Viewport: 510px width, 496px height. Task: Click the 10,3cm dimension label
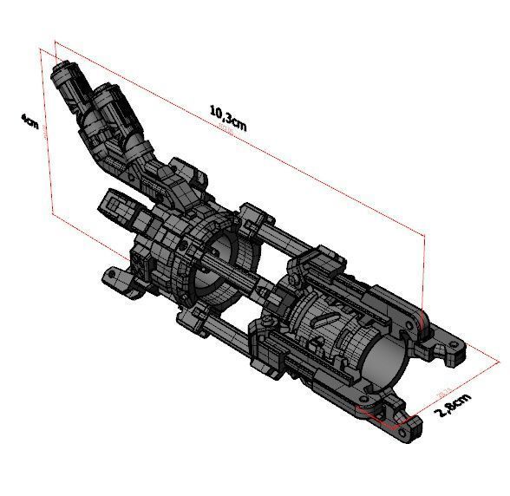click(x=228, y=117)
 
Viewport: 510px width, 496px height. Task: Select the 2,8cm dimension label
click(x=453, y=406)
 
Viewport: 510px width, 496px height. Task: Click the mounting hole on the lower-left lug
click(x=110, y=277)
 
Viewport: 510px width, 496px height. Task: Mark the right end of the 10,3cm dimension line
click(x=426, y=233)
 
